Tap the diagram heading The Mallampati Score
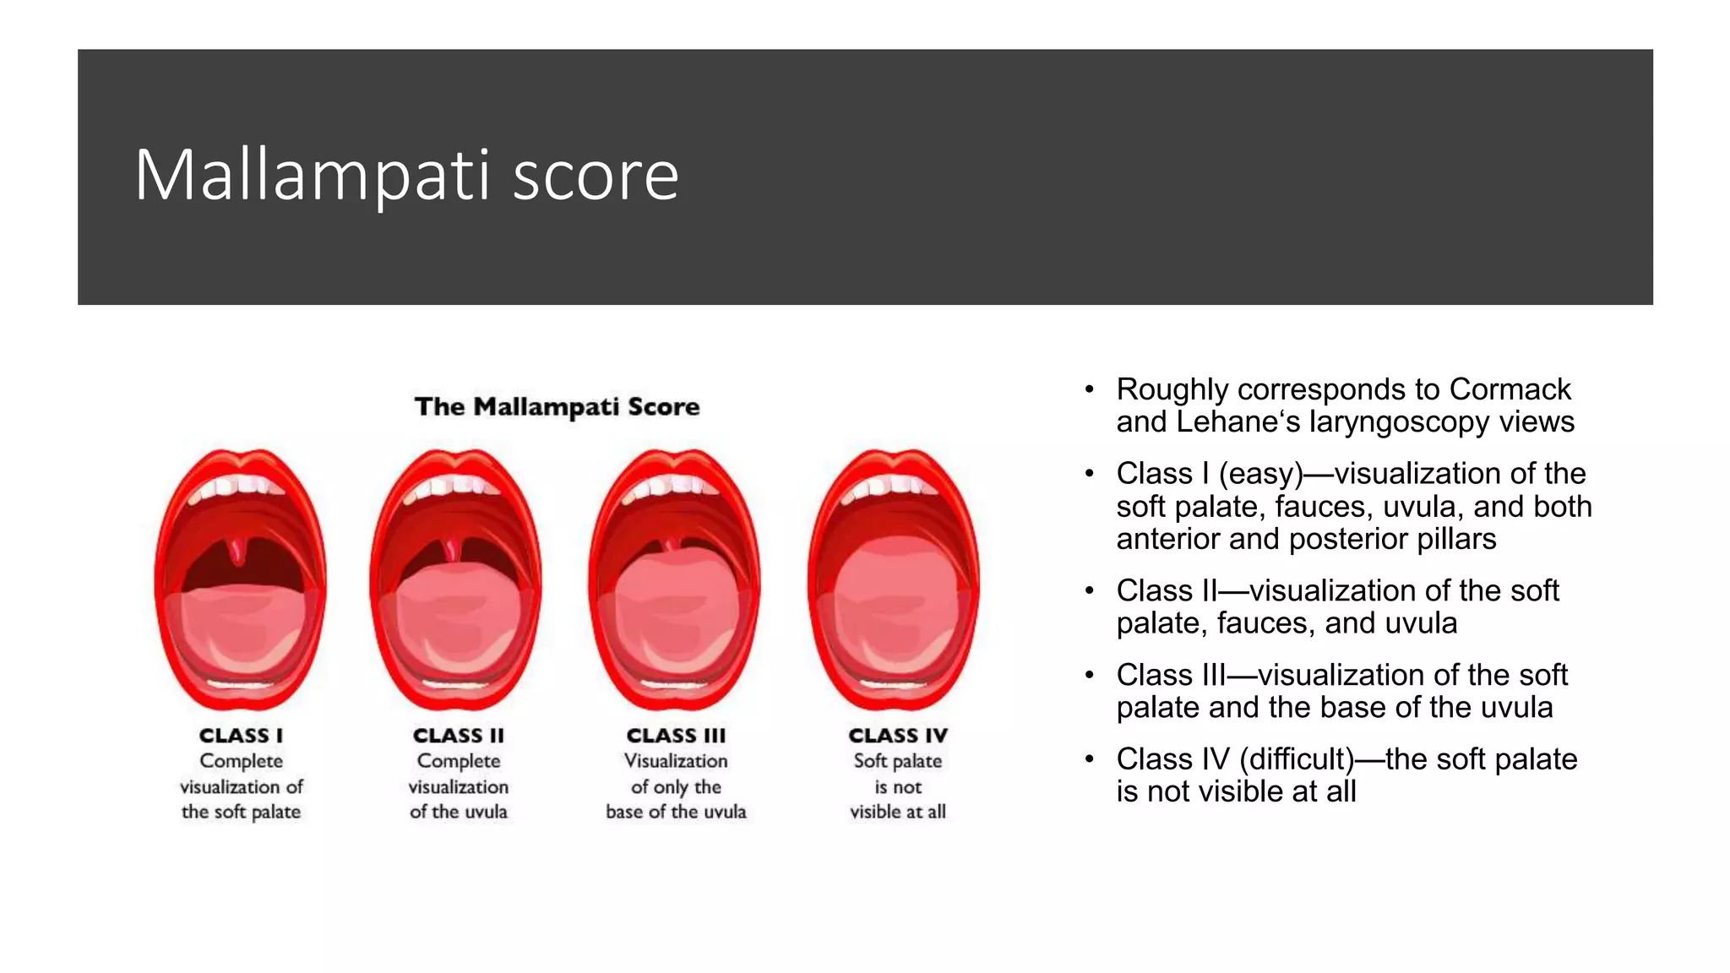[x=557, y=406]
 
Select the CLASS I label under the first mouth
[x=241, y=736]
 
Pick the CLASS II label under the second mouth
[x=458, y=736]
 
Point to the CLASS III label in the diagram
[x=676, y=736]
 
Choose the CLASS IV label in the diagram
[x=898, y=736]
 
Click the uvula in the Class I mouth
[x=240, y=550]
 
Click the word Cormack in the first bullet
[x=1510, y=389]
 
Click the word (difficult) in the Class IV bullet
[x=1297, y=759]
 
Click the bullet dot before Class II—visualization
[x=1090, y=590]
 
